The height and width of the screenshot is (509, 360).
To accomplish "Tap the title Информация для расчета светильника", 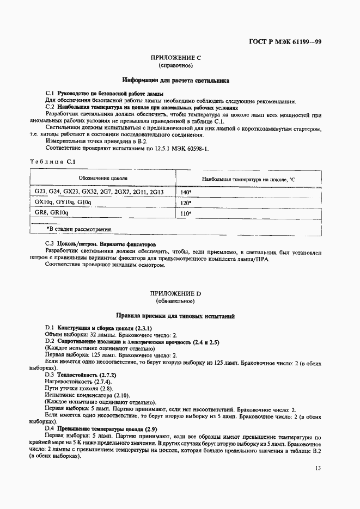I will (175, 80).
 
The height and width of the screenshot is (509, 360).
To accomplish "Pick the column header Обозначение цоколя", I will (103, 179).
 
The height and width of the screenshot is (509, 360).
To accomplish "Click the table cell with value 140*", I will (186, 193).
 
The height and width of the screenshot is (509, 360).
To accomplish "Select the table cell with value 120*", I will (186, 203).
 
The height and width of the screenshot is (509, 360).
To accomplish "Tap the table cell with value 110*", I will (186, 214).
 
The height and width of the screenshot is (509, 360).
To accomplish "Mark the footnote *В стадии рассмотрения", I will (80, 229).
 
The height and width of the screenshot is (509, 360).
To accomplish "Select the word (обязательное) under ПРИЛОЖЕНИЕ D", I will (175, 301).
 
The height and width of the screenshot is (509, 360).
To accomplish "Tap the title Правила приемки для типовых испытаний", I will (175, 316).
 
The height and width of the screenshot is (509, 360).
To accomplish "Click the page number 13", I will (317, 468).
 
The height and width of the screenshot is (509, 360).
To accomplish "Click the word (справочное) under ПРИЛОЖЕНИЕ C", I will (175, 65).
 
